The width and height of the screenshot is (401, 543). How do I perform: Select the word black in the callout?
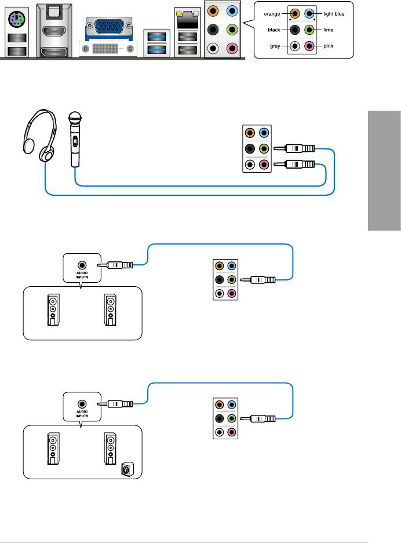276,28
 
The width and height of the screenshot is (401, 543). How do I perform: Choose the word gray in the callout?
277,45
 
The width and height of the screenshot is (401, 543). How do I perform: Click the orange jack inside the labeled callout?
296,13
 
